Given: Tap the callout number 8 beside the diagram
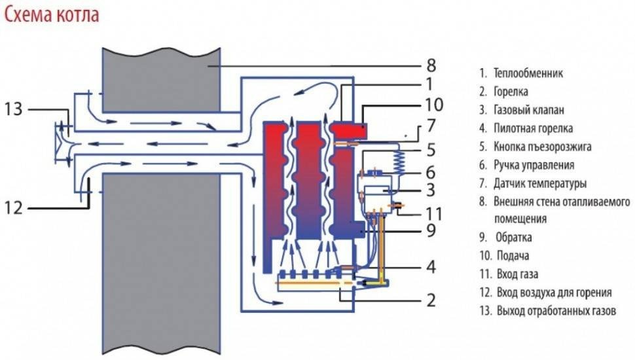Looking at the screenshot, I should [x=430, y=65].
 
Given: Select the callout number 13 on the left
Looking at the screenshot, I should [x=14, y=109].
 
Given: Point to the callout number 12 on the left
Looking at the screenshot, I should [x=14, y=208].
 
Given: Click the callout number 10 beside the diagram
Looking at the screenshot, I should [x=433, y=104].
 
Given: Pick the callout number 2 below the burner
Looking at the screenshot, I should [x=430, y=300].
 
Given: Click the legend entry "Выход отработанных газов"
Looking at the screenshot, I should [x=556, y=310].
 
